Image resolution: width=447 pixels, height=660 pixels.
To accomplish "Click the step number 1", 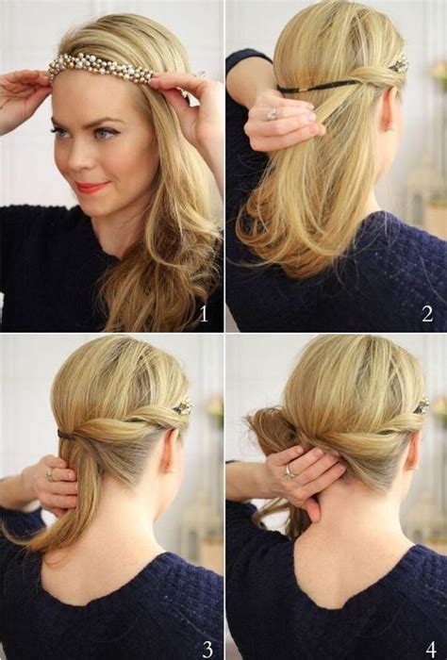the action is (x=204, y=314).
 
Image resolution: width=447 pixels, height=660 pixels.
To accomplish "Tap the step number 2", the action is (x=427, y=314).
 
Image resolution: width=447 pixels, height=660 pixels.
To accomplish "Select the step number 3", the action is (x=207, y=650).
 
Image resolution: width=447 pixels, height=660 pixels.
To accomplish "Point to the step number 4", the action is (x=431, y=650).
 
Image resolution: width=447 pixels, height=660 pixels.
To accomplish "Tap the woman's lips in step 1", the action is (x=98, y=187).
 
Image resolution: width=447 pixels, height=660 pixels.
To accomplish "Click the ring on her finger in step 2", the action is (x=272, y=114).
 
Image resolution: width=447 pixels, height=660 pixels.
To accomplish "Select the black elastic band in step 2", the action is (x=317, y=86).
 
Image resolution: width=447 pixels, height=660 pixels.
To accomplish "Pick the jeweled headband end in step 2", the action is (x=399, y=64).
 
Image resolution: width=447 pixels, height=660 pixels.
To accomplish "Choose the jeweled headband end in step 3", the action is (x=183, y=407).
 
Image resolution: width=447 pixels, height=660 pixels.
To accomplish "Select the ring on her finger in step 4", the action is (x=290, y=471).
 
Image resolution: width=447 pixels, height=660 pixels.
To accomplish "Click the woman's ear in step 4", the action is (x=412, y=454).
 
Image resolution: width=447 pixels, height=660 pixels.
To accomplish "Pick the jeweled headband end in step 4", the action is (x=422, y=405).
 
